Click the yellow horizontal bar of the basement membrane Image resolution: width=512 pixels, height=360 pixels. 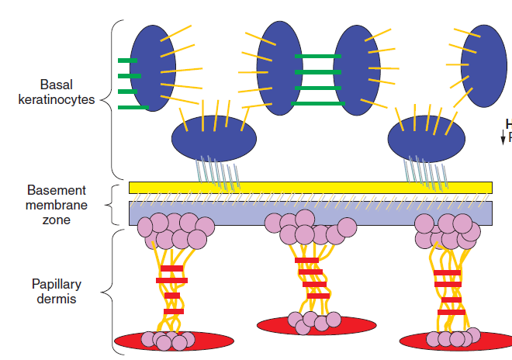pyautogui.click(x=310, y=187)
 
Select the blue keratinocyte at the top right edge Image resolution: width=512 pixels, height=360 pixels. pyautogui.click(x=485, y=66)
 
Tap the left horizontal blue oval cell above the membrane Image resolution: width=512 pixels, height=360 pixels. pyautogui.click(x=213, y=137)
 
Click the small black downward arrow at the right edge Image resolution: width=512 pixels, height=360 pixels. pyautogui.click(x=503, y=138)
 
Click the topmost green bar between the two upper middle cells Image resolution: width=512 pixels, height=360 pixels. pyautogui.click(x=317, y=56)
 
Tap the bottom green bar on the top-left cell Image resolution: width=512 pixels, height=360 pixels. pyautogui.click(x=132, y=107)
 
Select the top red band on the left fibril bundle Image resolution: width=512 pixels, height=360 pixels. pyautogui.click(x=171, y=268)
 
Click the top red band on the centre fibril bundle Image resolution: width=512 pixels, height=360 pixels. pyautogui.click(x=306, y=261)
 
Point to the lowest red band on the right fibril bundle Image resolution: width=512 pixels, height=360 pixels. pyautogui.click(x=450, y=313)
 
